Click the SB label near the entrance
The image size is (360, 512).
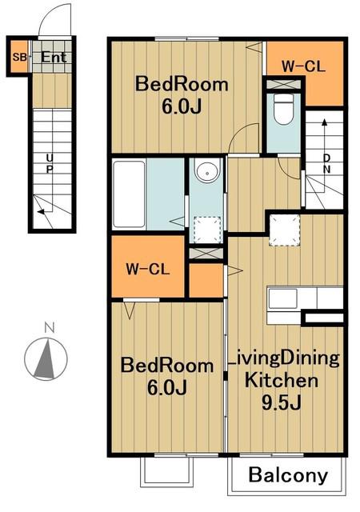coord(19,58)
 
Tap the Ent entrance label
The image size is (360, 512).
coord(54,58)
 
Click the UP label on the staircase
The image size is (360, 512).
coord(50,163)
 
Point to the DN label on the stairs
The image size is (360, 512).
coord(326,163)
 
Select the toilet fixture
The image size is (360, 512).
coord(283,110)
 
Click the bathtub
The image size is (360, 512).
coord(130,194)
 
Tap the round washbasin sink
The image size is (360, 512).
coord(206,170)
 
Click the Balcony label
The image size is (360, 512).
coord(288,475)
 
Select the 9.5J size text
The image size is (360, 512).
coord(281,403)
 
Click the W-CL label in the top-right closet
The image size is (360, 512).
coord(303,66)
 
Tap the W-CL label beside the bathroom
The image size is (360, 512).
coord(148,270)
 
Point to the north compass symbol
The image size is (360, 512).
coord(46,359)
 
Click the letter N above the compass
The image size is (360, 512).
coord(50,327)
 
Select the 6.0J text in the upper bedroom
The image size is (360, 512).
coord(182,106)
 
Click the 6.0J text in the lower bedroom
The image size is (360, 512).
coord(167,387)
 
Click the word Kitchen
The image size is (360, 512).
coord(282,381)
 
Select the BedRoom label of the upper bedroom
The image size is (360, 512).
coord(182,84)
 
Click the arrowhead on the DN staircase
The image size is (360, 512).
coord(324,122)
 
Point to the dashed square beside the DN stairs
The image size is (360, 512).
coord(284,230)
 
